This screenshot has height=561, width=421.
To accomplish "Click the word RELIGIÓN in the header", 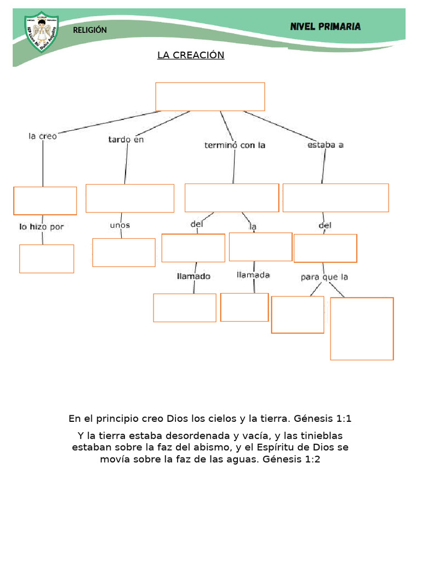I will (x=90, y=30).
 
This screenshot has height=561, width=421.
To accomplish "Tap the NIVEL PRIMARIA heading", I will (x=325, y=26).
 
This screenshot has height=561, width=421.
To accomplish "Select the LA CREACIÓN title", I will (x=191, y=55).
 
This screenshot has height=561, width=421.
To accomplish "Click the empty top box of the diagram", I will (x=210, y=96).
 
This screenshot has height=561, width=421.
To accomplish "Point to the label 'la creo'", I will (x=43, y=136).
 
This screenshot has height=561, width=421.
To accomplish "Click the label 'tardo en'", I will (x=126, y=140).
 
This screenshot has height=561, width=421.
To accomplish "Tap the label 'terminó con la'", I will (x=235, y=145).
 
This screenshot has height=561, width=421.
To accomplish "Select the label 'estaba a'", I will (x=326, y=145).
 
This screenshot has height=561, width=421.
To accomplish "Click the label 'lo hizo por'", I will (x=42, y=226).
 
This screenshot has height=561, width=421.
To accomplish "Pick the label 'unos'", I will (x=120, y=225).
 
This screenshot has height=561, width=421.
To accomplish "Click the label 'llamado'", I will (x=194, y=276).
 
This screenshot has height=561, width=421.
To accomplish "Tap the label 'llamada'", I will (x=253, y=275).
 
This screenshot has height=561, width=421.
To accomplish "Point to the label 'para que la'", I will (x=325, y=277).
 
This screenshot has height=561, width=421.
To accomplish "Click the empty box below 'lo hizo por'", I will (x=47, y=259).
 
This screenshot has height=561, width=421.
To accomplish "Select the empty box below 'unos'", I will (x=124, y=253).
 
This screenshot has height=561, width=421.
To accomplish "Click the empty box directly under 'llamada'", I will (x=244, y=307).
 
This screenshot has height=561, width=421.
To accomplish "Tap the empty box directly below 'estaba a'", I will (x=335, y=198).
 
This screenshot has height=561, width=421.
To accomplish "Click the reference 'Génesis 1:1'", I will (x=323, y=419).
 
